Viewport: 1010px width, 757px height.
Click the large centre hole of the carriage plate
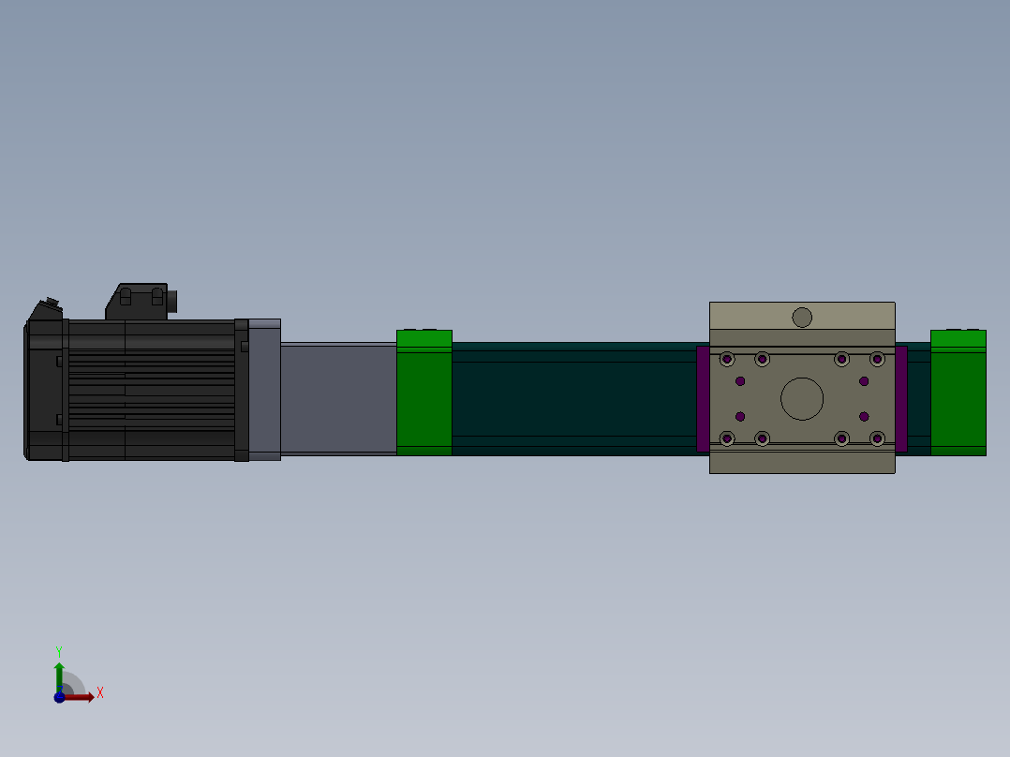tap(802, 398)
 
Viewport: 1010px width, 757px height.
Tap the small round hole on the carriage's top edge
tap(802, 317)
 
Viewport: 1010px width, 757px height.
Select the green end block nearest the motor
tap(424, 393)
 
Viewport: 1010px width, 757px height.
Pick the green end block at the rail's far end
tap(958, 393)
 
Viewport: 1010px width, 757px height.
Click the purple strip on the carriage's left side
tap(703, 398)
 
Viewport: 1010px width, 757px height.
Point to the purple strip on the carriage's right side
tap(901, 398)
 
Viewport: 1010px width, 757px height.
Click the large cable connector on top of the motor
tap(142, 302)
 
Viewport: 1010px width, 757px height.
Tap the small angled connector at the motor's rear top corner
tap(46, 309)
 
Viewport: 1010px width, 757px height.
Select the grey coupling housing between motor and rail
tap(338, 398)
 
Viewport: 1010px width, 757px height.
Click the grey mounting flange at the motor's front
tap(264, 390)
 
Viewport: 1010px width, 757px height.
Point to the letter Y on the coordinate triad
tap(59, 650)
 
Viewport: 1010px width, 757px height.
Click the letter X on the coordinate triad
tap(100, 693)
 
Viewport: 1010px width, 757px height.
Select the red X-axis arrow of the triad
tap(81, 697)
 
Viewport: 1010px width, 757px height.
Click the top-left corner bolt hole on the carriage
tap(727, 359)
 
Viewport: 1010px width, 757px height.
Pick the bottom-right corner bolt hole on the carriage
tap(877, 438)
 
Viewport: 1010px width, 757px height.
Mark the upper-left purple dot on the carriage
tap(740, 381)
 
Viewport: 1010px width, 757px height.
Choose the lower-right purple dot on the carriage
tap(864, 416)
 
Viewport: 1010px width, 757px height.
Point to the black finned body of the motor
tap(150, 390)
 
